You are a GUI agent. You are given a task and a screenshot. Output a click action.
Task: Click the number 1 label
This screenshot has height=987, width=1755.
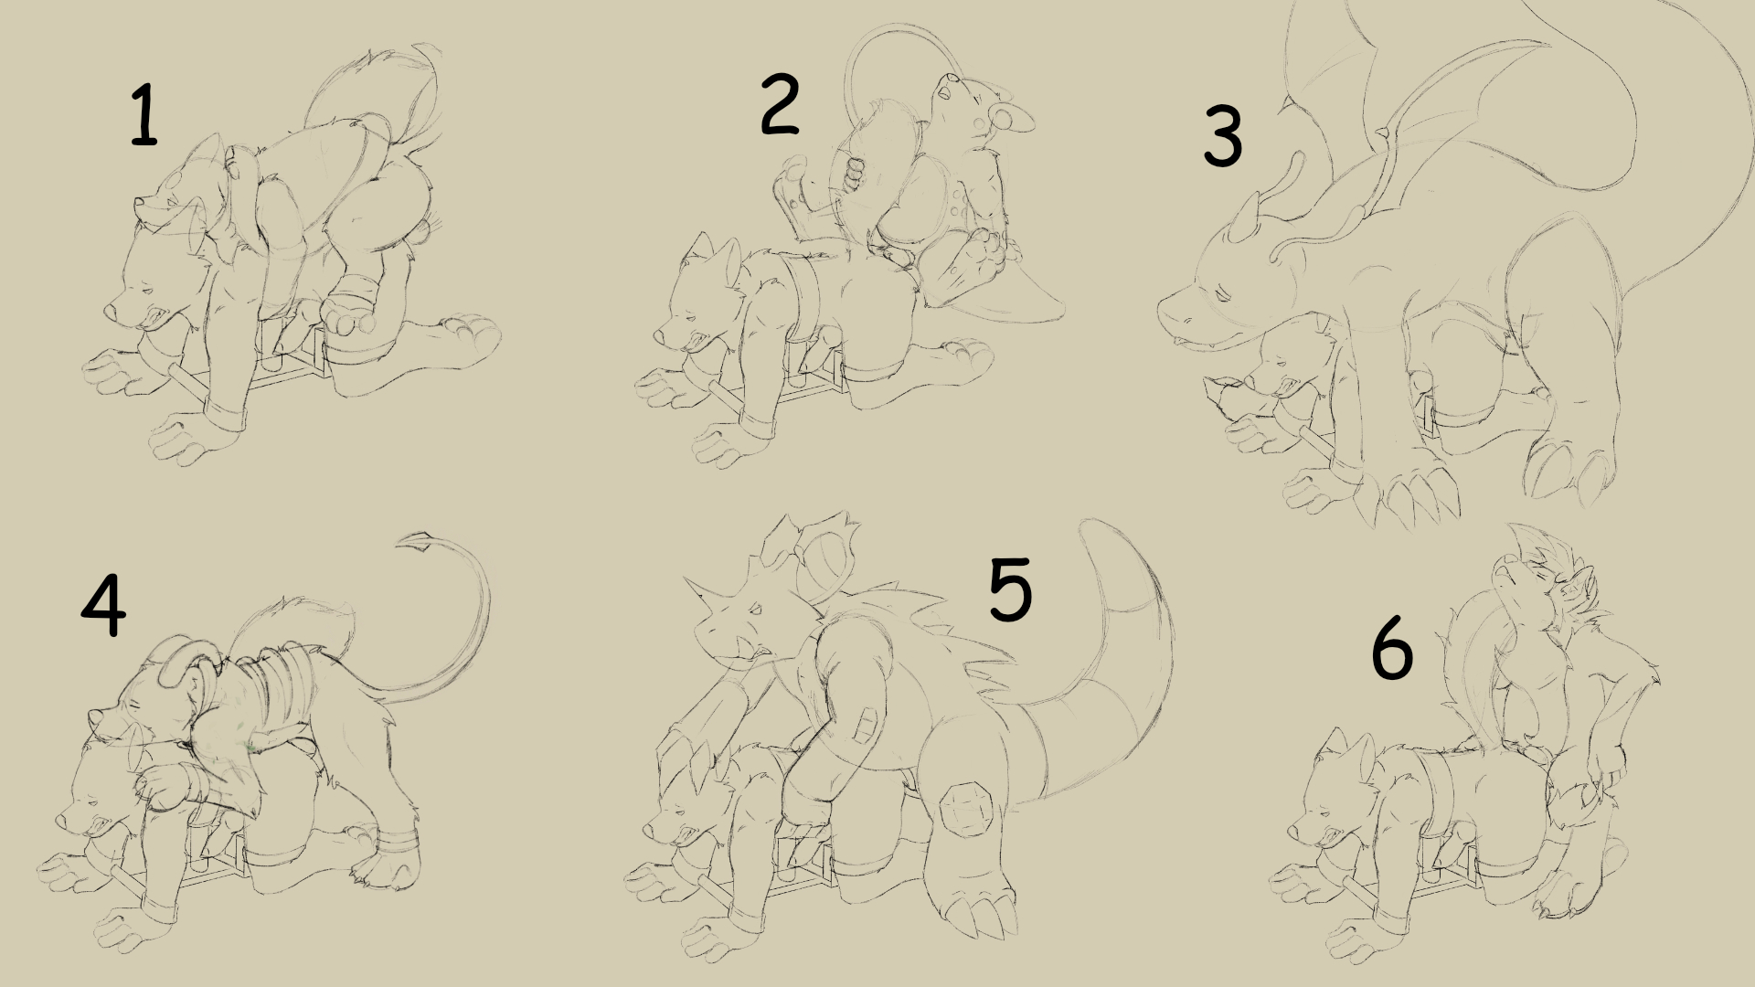pos(143,115)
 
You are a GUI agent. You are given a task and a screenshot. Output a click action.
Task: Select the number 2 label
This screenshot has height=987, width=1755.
pos(780,105)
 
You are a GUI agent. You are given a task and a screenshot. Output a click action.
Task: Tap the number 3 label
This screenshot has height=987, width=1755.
pos(1223,137)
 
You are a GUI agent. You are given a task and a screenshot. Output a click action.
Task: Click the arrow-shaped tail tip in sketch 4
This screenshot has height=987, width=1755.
pos(416,543)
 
